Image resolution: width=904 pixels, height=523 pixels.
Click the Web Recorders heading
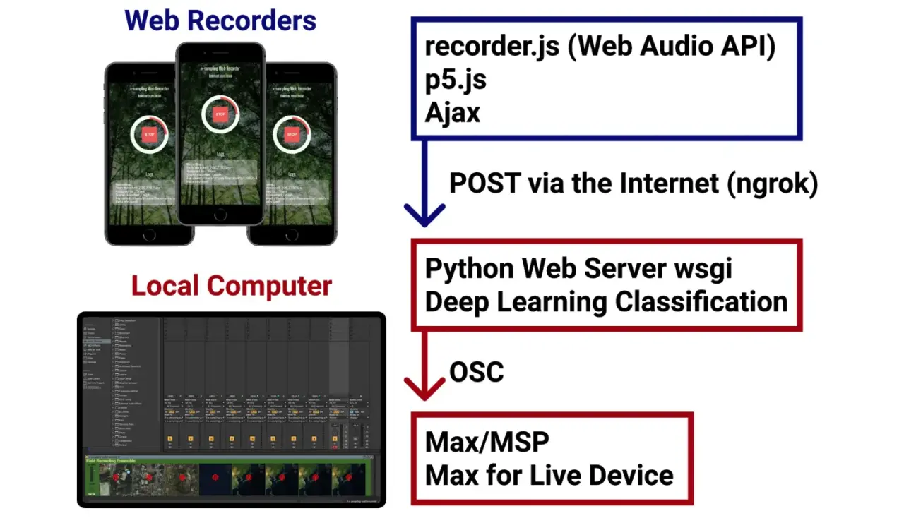tap(220, 20)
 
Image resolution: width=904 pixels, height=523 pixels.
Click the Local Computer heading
tap(232, 286)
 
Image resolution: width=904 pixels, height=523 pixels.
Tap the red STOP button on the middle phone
tap(220, 114)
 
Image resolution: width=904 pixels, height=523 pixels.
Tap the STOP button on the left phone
tap(149, 134)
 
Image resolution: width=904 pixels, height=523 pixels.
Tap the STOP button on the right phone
tap(291, 134)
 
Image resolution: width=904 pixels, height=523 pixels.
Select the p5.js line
tap(456, 80)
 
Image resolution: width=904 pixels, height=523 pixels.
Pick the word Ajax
tap(453, 112)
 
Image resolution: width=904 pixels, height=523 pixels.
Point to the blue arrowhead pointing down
tap(424, 215)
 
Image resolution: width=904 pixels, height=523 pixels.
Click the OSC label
tap(477, 371)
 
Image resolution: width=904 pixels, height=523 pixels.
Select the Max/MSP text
tap(487, 442)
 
